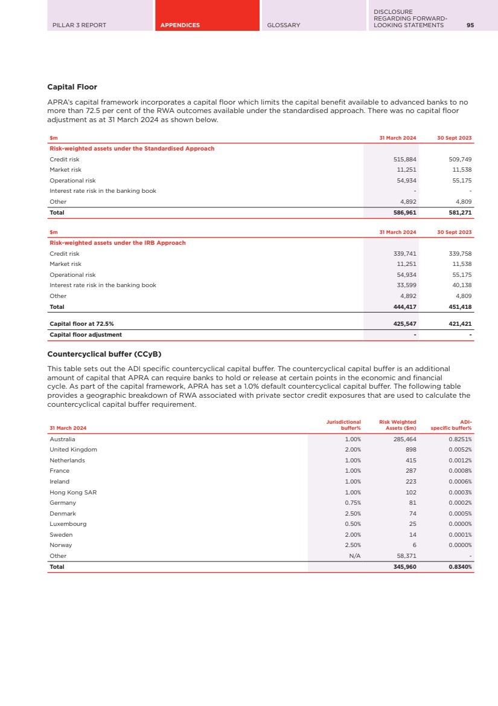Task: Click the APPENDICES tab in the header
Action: [x=180, y=25]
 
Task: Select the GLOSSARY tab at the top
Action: [x=283, y=25]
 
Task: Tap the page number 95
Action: [x=470, y=25]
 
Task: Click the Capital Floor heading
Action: [x=72, y=87]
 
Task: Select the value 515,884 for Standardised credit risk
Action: [x=404, y=159]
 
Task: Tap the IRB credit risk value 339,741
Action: [x=404, y=254]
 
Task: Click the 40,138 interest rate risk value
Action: [x=459, y=285]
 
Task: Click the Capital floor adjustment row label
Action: [x=85, y=335]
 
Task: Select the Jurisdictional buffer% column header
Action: [x=343, y=425]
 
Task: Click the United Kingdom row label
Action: [x=73, y=450]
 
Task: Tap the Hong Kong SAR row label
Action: [x=73, y=493]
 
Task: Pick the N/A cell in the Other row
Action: [x=355, y=556]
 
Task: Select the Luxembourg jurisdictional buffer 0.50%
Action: [x=353, y=524]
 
